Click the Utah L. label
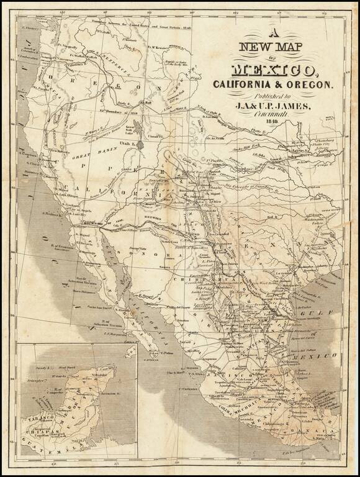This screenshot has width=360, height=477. click(129, 142)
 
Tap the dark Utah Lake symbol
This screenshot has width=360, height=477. click(141, 144)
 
